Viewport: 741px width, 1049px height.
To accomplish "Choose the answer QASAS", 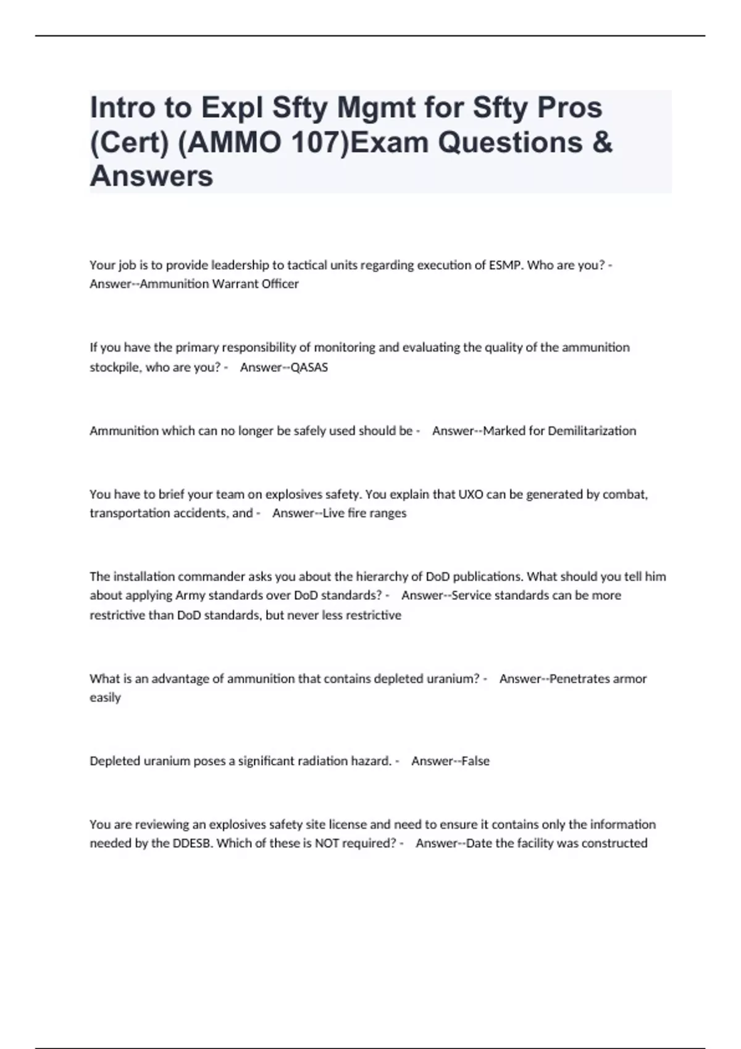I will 309,367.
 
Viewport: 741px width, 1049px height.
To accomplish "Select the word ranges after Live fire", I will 388,513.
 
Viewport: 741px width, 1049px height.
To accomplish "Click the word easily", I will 105,697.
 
